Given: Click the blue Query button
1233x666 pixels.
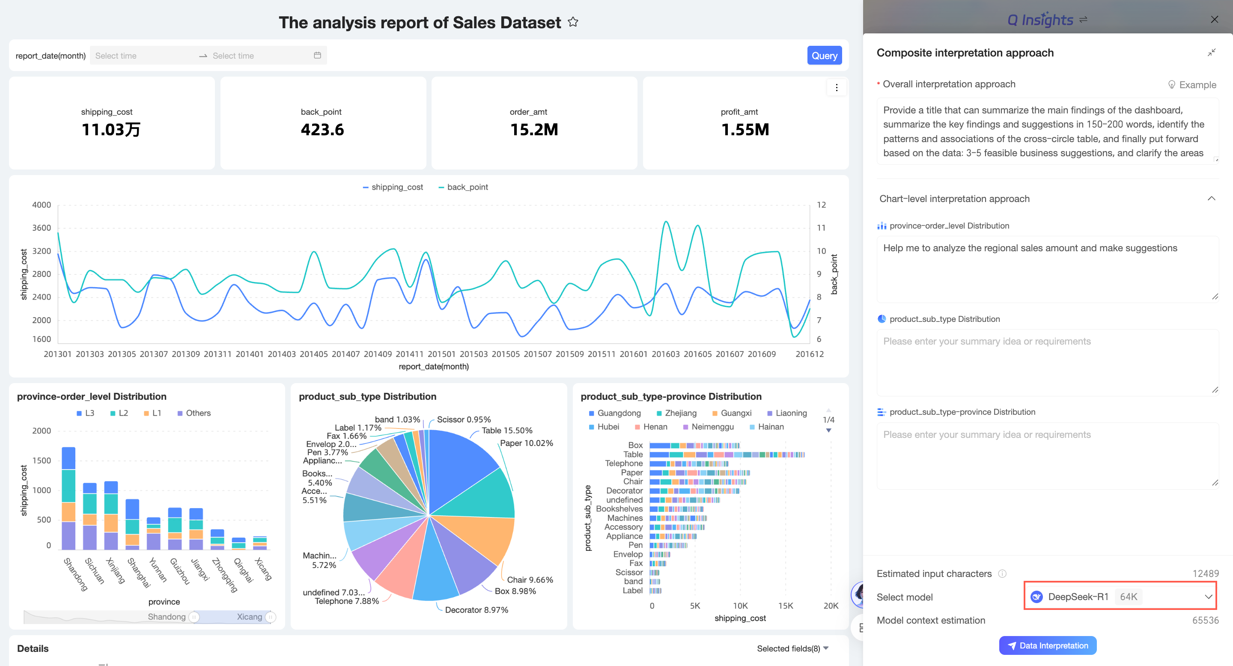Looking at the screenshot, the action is [824, 56].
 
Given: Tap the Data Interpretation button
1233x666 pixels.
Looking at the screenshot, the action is [1048, 645].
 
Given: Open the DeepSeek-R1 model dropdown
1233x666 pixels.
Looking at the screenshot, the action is [1120, 596].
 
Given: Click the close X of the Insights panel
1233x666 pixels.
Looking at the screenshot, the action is [1214, 19].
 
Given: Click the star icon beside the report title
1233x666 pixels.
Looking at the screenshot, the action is [573, 22].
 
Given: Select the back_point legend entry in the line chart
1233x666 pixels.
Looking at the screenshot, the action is [463, 187].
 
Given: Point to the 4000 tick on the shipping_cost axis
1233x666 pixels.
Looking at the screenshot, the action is [42, 205].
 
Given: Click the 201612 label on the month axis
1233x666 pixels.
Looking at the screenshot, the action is [810, 354].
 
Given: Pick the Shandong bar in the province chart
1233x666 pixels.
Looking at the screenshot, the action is [68, 498].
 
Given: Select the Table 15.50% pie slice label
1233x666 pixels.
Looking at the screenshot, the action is [507, 431].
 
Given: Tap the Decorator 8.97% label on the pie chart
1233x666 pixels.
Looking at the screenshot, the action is [476, 610].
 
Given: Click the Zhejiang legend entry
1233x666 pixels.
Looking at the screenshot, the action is [676, 413].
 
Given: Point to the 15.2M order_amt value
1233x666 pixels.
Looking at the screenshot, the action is [534, 130].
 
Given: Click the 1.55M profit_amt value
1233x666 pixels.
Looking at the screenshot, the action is [745, 130].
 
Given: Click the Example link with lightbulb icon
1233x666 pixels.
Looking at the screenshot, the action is [1192, 85].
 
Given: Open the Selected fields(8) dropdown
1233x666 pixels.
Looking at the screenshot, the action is [792, 648].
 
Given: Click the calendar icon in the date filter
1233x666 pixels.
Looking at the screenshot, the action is [317, 56].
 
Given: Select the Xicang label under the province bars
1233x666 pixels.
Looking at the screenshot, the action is [263, 569].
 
